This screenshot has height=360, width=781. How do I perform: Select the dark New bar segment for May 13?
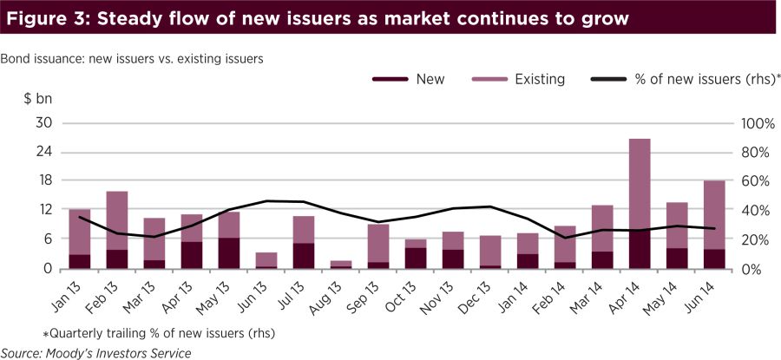point(229,253)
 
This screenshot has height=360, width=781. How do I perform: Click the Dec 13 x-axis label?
point(483,296)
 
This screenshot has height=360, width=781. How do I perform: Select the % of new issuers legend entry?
point(686,79)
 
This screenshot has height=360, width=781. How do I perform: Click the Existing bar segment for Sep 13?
point(377,243)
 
